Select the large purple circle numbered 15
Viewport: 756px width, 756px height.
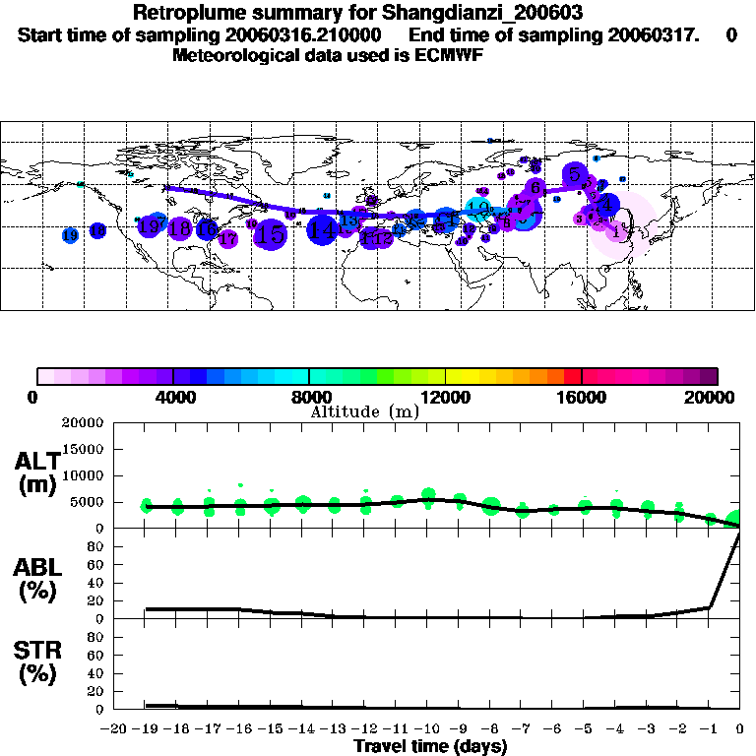[x=272, y=234]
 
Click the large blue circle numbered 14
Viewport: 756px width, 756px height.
[x=322, y=230]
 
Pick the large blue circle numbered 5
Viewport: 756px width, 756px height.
[x=575, y=174]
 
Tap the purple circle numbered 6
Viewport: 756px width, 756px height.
[x=535, y=187]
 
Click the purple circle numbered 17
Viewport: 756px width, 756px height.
[x=228, y=238]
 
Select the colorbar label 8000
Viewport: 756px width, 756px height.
[x=308, y=397]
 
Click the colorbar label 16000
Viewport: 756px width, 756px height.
[x=582, y=397]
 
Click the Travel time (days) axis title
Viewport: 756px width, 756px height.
[x=430, y=746]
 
